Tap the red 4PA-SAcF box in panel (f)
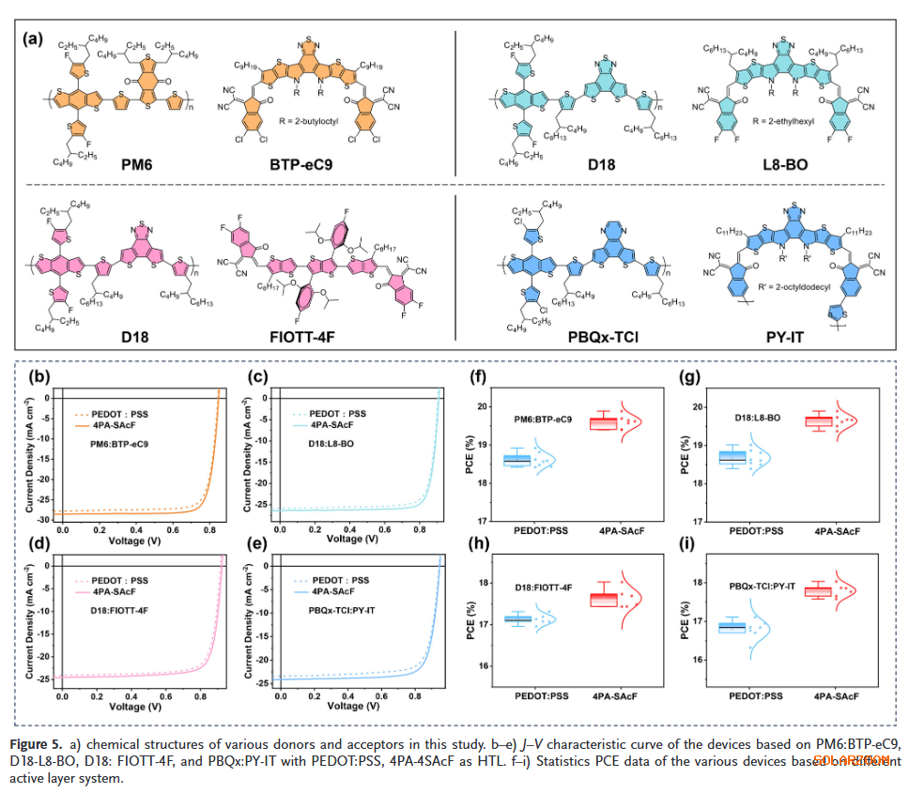[616, 423]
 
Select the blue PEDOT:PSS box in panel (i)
[732, 627]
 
